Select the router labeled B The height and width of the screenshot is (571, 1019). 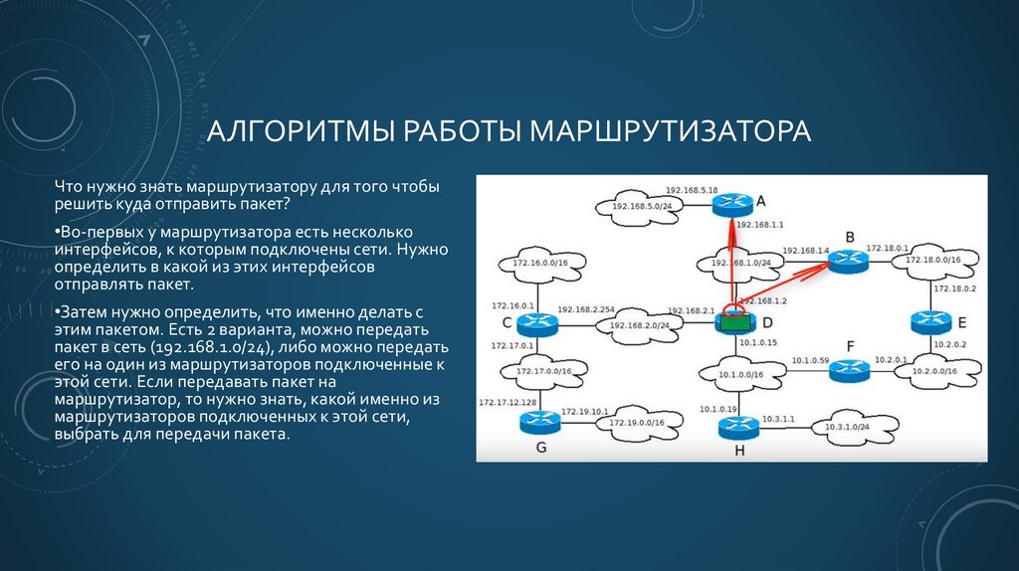848,261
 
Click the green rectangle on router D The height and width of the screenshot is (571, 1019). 734,321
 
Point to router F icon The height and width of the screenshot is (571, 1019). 849,370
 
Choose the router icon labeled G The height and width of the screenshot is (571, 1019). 540,422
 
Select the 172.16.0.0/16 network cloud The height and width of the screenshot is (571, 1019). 540,264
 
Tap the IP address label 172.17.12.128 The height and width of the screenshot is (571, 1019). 508,402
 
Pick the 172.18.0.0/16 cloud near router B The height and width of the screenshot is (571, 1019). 932,261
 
